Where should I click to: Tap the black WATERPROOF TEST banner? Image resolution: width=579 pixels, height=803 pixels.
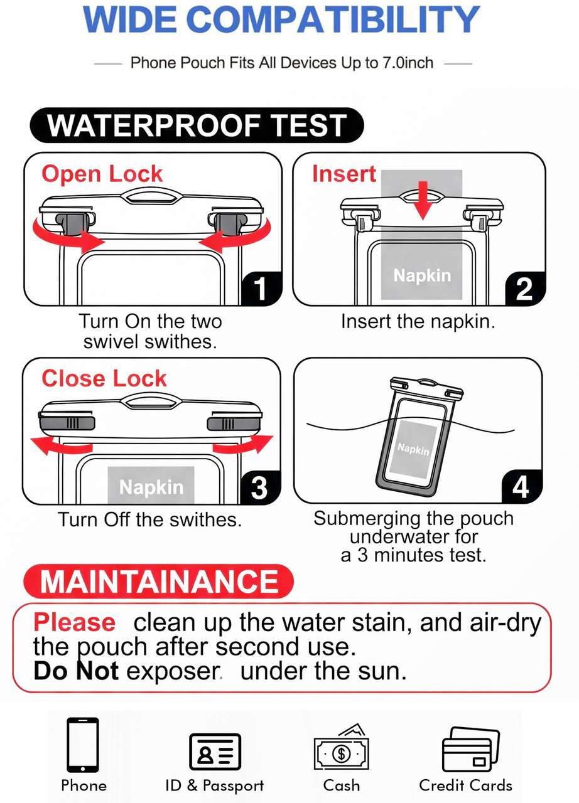coord(197,125)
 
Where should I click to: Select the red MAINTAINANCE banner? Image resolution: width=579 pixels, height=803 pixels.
coord(158,581)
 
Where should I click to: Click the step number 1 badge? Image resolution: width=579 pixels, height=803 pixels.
coord(261,288)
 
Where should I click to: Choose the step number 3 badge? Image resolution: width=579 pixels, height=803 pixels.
coord(259,487)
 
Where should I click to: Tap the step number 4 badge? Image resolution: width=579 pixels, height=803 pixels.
coord(521,486)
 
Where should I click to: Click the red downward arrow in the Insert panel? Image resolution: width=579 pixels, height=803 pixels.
coord(423,200)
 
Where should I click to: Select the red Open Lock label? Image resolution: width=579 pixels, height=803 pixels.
coord(102,174)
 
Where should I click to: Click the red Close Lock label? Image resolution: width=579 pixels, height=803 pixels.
coord(104,378)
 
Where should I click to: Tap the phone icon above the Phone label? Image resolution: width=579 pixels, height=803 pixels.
coord(82,744)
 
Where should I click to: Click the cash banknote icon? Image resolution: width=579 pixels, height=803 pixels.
coord(341,747)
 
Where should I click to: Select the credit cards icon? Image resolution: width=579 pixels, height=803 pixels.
coord(470,749)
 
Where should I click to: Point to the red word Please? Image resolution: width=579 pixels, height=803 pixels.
coord(75,624)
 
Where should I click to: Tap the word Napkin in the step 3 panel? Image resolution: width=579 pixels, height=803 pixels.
coord(151,487)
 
